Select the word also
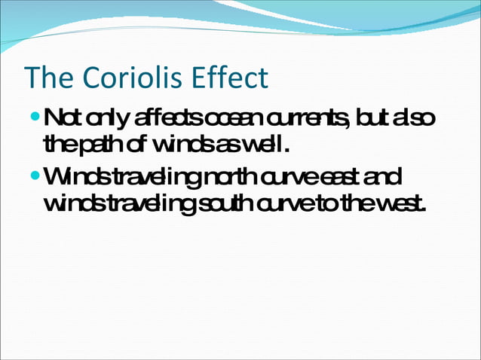415,118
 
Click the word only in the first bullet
110,119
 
